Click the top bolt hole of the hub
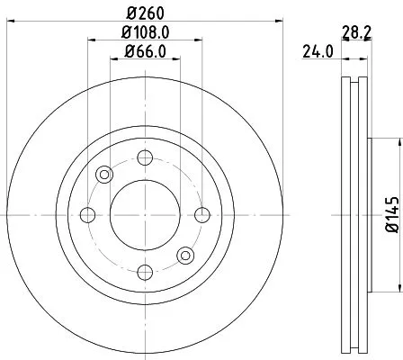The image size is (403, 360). pos(144,158)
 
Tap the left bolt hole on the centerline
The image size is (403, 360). pos(88,214)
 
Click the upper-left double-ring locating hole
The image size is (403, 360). pos(104,175)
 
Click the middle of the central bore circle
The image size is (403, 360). pos(144,214)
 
